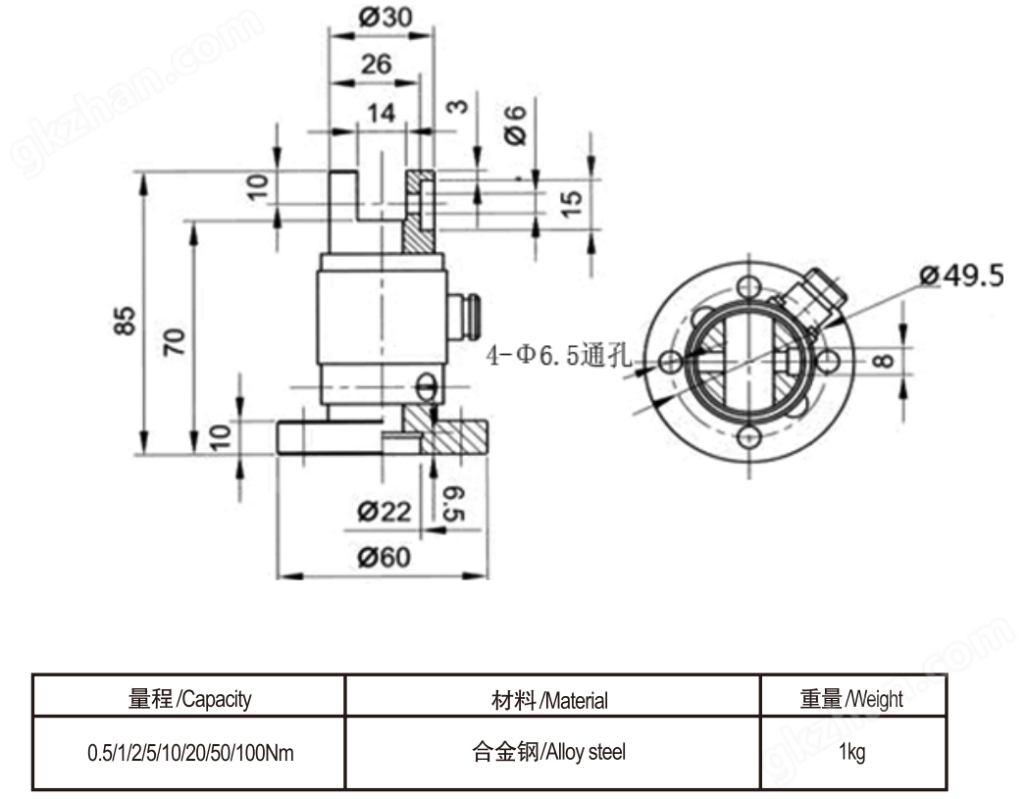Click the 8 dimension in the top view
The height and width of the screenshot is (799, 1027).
point(884,359)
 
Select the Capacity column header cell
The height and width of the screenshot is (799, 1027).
point(189,699)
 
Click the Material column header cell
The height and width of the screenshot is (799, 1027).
point(551,700)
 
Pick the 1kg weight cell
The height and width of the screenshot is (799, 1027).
point(851,754)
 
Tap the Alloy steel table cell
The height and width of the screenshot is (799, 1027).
point(551,753)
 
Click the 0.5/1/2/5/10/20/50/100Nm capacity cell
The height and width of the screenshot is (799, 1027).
point(189,754)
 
